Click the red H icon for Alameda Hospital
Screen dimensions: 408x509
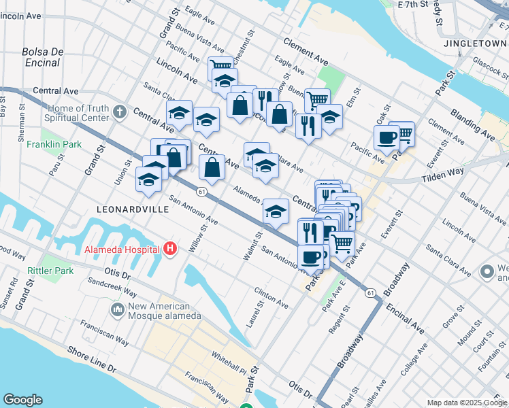171,250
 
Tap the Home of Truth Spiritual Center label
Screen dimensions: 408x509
71,112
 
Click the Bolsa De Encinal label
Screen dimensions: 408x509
42,57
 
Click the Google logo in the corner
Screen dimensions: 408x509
23,399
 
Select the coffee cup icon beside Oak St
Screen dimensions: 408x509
387,138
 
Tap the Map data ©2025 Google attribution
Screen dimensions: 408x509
467,403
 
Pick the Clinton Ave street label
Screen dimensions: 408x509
272,295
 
